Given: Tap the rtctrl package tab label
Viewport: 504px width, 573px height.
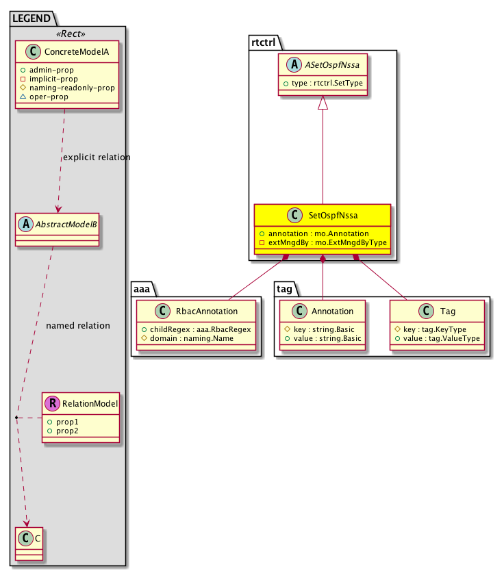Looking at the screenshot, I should pyautogui.click(x=263, y=43).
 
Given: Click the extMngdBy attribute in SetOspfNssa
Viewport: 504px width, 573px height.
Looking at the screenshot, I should pyautogui.click(x=323, y=243).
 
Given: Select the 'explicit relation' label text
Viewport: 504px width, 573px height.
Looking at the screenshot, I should pyautogui.click(x=97, y=157).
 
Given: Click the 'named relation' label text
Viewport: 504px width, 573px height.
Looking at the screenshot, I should pyautogui.click(x=78, y=325).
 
